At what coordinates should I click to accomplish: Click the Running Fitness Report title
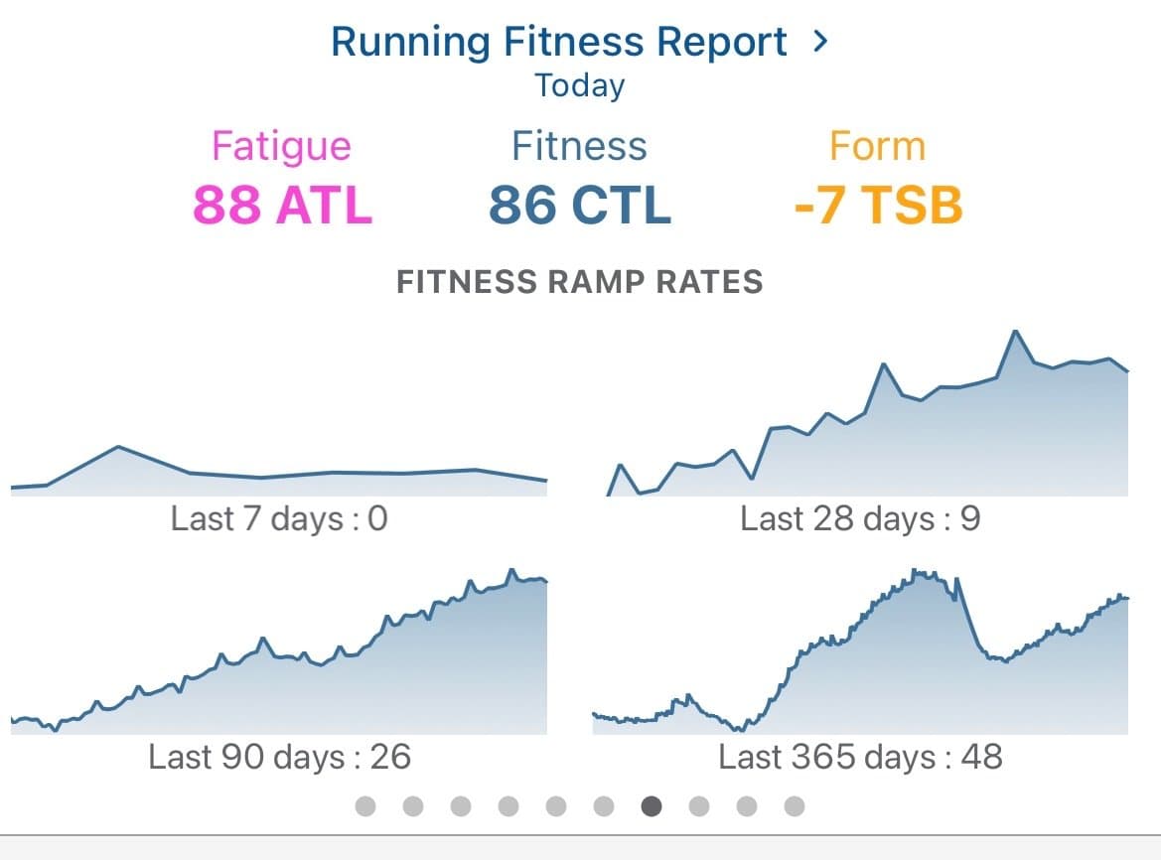pyautogui.click(x=558, y=42)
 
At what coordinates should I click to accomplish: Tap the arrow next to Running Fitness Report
pyautogui.click(x=819, y=42)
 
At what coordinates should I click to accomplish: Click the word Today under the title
pyautogui.click(x=580, y=85)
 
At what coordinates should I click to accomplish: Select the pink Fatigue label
pyautogui.click(x=281, y=146)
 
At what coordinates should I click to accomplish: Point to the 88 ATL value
pyautogui.click(x=282, y=205)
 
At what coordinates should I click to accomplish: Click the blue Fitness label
pyautogui.click(x=579, y=146)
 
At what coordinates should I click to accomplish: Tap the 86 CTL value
pyautogui.click(x=580, y=205)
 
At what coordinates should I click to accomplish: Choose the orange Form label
pyautogui.click(x=877, y=146)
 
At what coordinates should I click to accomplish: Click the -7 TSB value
pyautogui.click(x=878, y=205)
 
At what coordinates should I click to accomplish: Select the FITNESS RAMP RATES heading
pyautogui.click(x=580, y=282)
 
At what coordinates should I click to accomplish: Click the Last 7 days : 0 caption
pyautogui.click(x=279, y=518)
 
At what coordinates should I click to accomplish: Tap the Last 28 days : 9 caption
pyautogui.click(x=860, y=518)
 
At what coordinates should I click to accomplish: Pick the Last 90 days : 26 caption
pyautogui.click(x=279, y=757)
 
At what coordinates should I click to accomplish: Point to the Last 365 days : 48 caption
pyautogui.click(x=860, y=757)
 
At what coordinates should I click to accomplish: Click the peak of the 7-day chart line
pyautogui.click(x=118, y=447)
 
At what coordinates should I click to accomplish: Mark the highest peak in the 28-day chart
pyautogui.click(x=1015, y=331)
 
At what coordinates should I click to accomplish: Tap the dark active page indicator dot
pyautogui.click(x=652, y=806)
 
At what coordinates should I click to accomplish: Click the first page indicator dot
pyautogui.click(x=365, y=806)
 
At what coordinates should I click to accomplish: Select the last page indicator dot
pyautogui.click(x=795, y=806)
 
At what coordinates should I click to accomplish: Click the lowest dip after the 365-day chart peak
pyautogui.click(x=1005, y=660)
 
